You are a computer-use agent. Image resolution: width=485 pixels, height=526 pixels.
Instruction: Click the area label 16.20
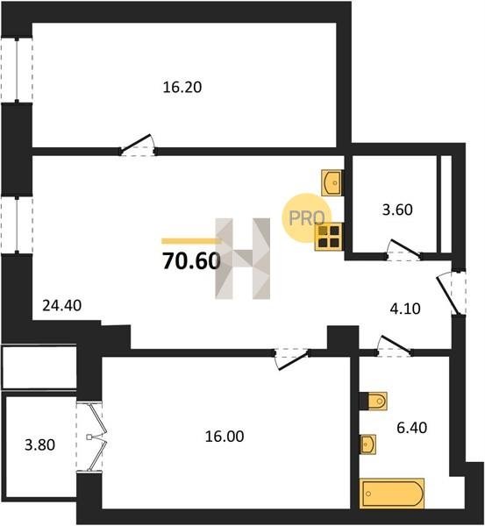pyautogui.click(x=182, y=87)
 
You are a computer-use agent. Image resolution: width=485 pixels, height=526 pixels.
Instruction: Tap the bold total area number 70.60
pyautogui.click(x=191, y=261)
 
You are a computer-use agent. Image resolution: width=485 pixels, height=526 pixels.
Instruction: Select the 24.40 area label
pyautogui.click(x=62, y=306)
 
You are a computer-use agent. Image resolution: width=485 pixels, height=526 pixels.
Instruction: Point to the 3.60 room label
pyautogui.click(x=397, y=210)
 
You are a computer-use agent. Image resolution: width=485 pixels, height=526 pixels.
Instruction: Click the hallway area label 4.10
pyautogui.click(x=405, y=309)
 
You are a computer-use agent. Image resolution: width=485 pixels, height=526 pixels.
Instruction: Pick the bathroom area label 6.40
pyautogui.click(x=412, y=428)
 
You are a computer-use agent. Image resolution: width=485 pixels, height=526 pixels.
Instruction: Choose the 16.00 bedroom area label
pyautogui.click(x=225, y=437)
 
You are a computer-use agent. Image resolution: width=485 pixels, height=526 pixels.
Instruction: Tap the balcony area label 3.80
pyautogui.click(x=40, y=445)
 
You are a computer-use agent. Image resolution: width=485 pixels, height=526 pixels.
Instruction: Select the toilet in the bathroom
pyautogui.click(x=377, y=401)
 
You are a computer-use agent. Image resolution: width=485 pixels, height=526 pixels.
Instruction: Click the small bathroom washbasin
pyautogui.click(x=367, y=444)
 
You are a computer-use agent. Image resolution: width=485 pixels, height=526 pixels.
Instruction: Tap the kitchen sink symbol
pyautogui.click(x=332, y=182)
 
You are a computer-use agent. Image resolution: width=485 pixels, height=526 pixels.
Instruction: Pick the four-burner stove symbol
pyautogui.click(x=328, y=237)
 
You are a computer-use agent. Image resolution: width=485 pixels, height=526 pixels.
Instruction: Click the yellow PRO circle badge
pyautogui.click(x=306, y=218)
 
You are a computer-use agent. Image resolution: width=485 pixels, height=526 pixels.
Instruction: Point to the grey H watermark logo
pyautogui.click(x=243, y=259)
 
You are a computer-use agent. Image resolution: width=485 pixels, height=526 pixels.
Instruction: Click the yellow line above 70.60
pyautogui.click(x=190, y=240)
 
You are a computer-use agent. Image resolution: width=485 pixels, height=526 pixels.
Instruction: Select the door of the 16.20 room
pyautogui.click(x=138, y=146)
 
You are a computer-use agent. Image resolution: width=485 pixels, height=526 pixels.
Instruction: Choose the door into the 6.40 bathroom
pyautogui.click(x=395, y=346)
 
